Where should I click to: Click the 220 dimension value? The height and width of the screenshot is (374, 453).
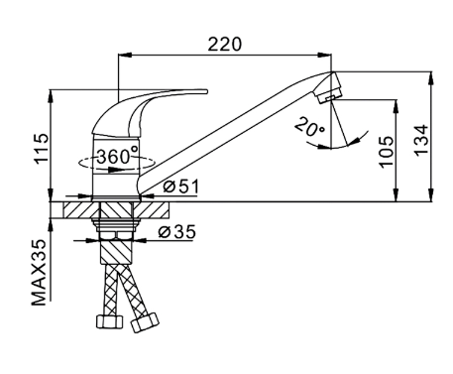click(x=225, y=45)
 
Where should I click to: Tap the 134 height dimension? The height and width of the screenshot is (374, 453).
click(x=421, y=140)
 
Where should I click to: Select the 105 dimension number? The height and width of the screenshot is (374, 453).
click(x=387, y=152)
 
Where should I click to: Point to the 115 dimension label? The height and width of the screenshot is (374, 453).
click(x=43, y=148)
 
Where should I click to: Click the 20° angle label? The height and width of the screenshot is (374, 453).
click(x=309, y=128)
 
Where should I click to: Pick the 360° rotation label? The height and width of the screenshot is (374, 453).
click(x=118, y=156)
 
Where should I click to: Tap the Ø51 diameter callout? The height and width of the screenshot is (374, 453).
click(x=181, y=187)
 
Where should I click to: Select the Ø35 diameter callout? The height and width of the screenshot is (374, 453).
click(x=177, y=232)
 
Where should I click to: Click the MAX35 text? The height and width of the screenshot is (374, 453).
click(x=39, y=273)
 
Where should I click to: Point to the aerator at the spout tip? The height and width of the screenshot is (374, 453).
click(x=329, y=87)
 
